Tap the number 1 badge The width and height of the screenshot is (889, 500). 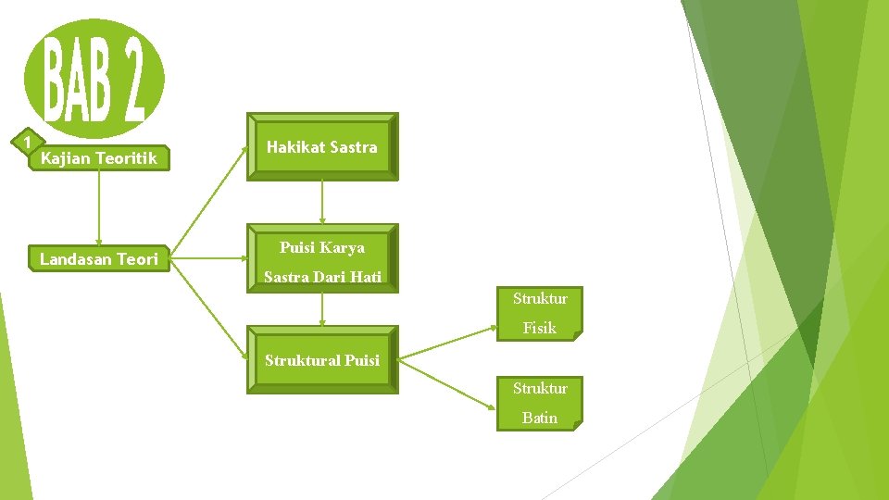29,142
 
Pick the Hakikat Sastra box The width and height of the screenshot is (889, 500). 321,146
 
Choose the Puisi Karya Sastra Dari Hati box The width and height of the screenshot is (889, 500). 321,260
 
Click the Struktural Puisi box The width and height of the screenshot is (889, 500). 321,360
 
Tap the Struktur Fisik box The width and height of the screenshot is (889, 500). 540,313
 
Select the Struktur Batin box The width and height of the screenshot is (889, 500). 540,403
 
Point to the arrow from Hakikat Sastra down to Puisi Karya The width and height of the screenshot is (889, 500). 321,202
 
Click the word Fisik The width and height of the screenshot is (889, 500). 540,328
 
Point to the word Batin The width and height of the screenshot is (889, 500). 540,418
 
